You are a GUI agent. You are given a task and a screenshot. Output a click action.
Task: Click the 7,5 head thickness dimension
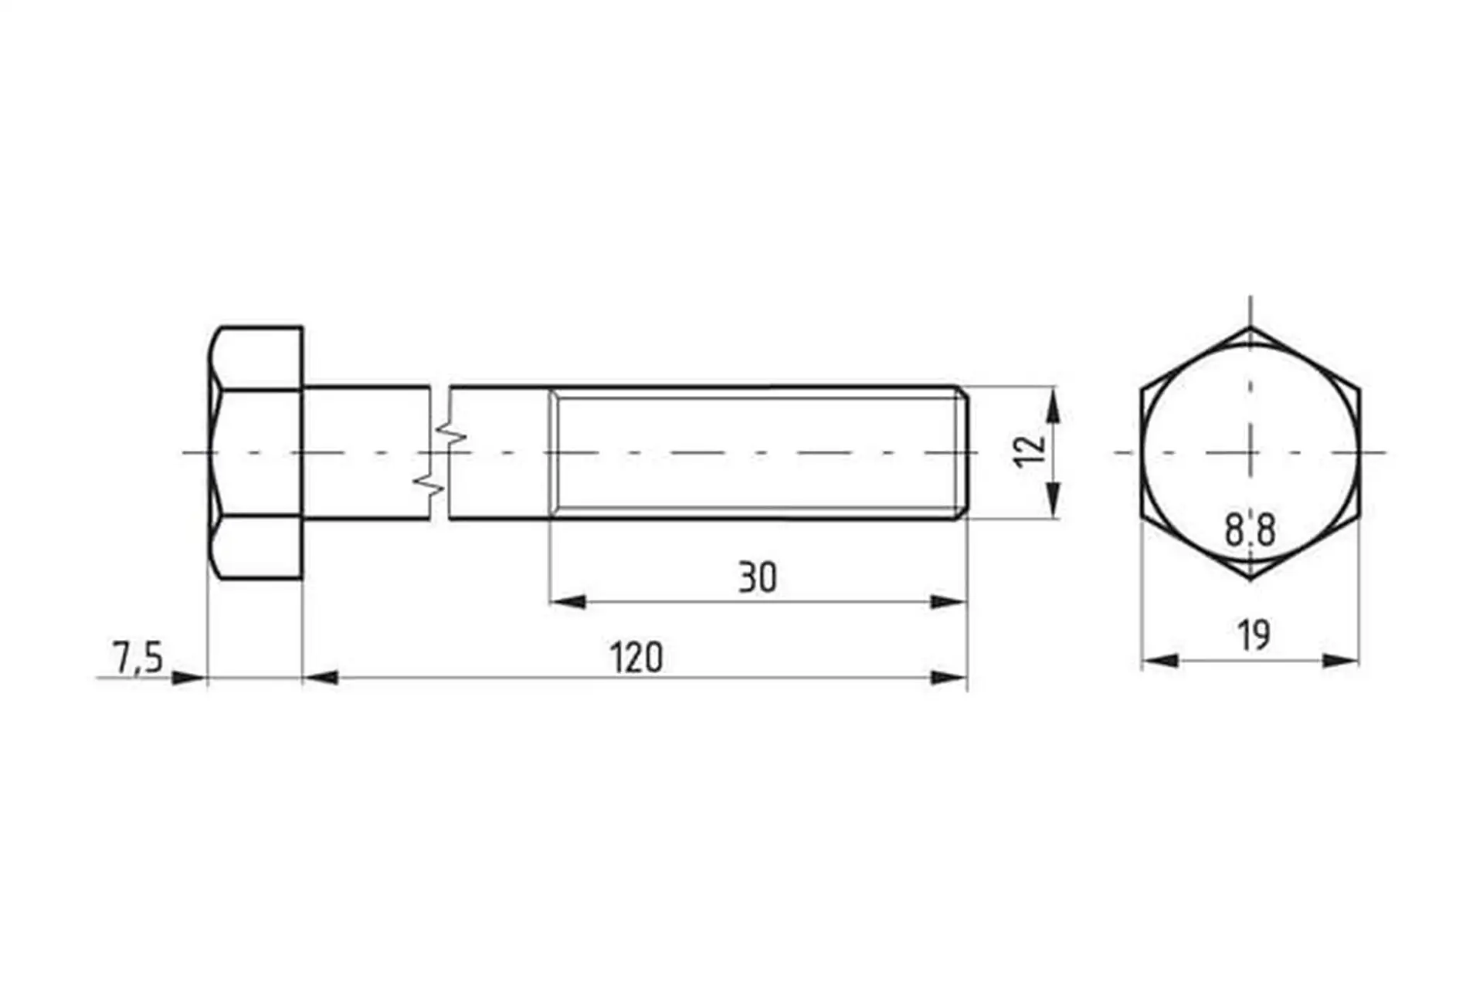(x=138, y=658)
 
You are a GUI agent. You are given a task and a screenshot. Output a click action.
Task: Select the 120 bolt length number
(x=636, y=658)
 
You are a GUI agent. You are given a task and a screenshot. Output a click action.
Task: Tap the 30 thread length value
(x=757, y=577)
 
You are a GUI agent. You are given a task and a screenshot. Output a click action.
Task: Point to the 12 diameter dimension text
(x=1030, y=452)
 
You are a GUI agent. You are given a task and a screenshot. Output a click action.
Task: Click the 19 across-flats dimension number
(x=1253, y=635)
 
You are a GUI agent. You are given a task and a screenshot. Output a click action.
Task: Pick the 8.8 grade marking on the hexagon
(x=1250, y=530)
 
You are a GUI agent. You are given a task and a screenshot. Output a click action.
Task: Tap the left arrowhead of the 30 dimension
(x=567, y=601)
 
